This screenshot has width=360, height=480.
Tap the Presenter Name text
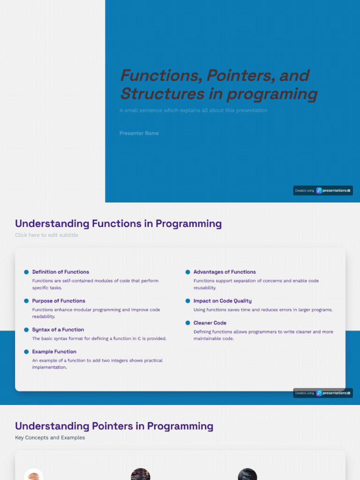tap(139, 133)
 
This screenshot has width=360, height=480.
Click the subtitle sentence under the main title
tap(193, 111)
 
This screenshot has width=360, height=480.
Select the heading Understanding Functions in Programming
tap(118, 224)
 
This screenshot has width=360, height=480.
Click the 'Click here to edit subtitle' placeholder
tap(46, 235)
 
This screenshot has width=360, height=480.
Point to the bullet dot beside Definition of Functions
tap(26, 272)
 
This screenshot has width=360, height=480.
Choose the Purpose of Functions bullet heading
tap(59, 301)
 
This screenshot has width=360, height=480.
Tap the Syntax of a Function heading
tap(58, 330)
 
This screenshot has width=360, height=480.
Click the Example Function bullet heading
tap(54, 352)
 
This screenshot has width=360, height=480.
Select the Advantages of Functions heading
tap(225, 272)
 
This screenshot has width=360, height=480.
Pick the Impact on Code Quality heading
tap(222, 301)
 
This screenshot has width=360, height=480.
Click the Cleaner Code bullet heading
tap(210, 323)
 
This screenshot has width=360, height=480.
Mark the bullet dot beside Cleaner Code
tap(187, 323)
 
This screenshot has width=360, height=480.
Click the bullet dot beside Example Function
tap(26, 352)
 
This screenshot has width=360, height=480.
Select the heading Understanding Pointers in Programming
tap(114, 426)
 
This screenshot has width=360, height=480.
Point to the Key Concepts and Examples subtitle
tap(50, 438)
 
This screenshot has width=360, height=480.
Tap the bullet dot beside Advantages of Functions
tap(187, 272)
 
